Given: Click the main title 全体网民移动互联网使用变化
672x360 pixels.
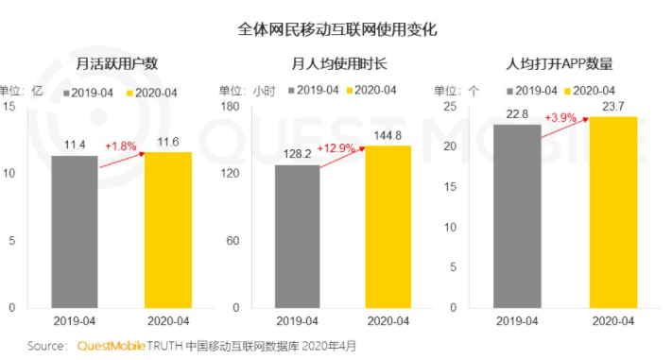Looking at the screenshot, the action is coord(337,29).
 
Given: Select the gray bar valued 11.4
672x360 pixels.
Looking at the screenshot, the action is coord(75,231).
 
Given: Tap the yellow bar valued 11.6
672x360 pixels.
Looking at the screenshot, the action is coord(168,231).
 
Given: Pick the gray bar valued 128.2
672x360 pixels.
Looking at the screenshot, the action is coord(298,236).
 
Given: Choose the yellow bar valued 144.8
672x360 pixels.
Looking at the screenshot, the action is coord(388,227).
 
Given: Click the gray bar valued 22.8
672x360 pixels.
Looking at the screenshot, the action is coord(517,216).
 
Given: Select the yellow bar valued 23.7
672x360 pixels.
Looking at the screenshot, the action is coord(613,213).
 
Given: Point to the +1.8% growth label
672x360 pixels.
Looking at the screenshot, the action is coord(121,146).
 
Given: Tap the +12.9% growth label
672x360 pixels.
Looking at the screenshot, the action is coord(336,148).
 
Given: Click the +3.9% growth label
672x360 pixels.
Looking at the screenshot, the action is coord(560,117).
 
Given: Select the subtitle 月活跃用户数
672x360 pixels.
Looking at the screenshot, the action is coord(116,64).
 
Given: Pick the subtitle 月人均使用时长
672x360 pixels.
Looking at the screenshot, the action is coord(339,64).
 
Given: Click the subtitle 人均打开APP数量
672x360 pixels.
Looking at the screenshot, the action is coord(560,64).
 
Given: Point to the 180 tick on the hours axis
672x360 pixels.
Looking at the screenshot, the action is coord(230,106).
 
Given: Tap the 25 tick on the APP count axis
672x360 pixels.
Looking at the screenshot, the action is coord(450,106).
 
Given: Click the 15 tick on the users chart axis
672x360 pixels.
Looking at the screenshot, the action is coord(9,106).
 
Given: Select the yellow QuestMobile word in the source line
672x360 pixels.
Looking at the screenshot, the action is coord(111,346).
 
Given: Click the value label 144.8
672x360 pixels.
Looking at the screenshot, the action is coord(388,136).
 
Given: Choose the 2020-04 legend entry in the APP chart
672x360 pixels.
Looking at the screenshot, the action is coord(590,91).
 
